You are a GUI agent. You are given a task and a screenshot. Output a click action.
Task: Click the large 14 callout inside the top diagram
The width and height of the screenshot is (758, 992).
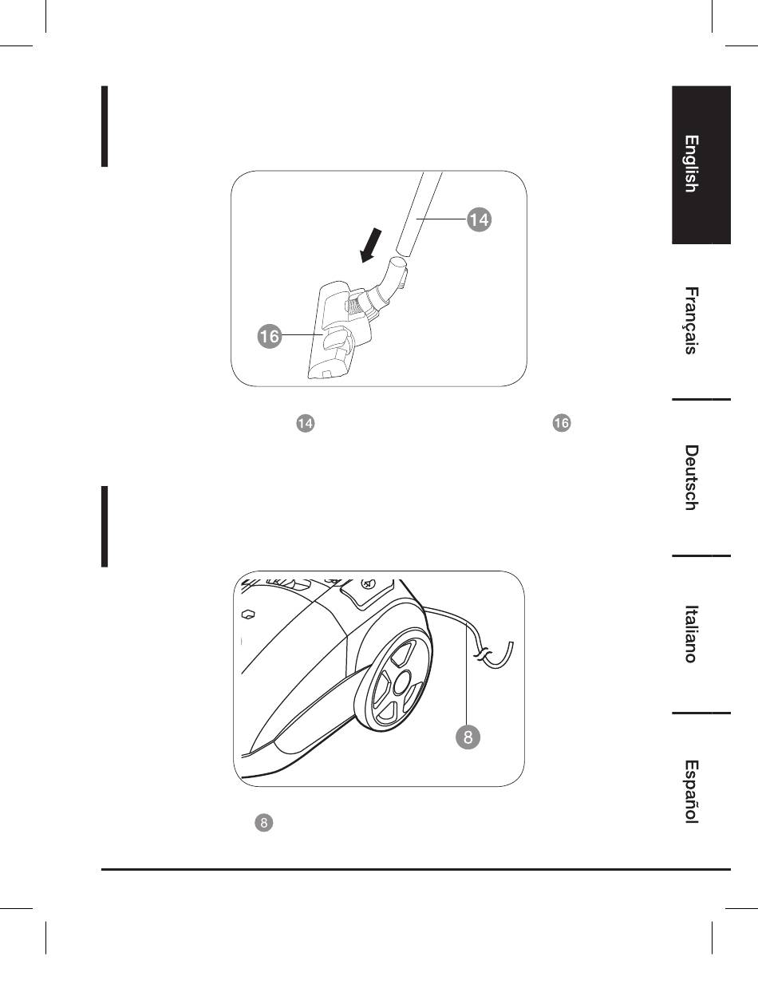coord(479,219)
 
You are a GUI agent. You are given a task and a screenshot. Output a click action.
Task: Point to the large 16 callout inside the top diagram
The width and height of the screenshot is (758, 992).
coord(270,337)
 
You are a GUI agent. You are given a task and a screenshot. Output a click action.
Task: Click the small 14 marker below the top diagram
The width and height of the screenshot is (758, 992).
coord(304,424)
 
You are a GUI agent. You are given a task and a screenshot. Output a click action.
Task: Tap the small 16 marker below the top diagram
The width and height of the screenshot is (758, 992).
coord(562,424)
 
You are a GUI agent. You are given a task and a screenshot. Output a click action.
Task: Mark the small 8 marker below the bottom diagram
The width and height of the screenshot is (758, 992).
coord(264,823)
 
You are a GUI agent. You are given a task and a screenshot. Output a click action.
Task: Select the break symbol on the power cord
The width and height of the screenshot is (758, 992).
coord(481,655)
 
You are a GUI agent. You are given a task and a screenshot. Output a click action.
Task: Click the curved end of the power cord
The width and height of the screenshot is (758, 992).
coord(505,659)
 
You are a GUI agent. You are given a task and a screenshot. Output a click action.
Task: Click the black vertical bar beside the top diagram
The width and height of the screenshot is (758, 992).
coord(105,127)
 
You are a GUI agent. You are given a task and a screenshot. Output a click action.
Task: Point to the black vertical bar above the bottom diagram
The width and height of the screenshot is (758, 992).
coord(105,526)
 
